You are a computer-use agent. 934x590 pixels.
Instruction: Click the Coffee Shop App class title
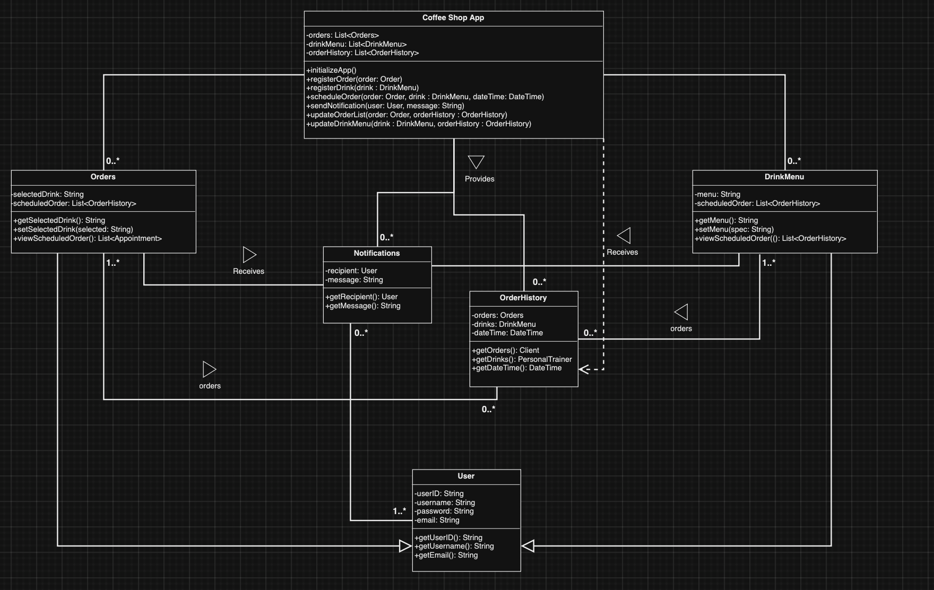pos(453,18)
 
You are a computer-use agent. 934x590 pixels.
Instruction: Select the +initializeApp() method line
pos(331,70)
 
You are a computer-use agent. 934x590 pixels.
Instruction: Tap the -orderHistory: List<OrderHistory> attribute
pos(362,53)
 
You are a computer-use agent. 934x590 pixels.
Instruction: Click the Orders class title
pos(103,177)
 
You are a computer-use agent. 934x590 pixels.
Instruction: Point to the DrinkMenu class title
pos(784,177)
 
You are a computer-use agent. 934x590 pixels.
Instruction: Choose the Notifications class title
pos(377,253)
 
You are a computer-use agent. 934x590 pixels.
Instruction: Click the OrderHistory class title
pos(523,298)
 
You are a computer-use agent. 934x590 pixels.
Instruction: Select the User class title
pos(466,476)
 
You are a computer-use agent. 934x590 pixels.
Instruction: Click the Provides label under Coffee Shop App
pos(479,179)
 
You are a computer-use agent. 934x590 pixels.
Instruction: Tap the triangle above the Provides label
pos(476,161)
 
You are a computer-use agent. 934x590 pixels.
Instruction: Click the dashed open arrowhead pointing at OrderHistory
pos(584,369)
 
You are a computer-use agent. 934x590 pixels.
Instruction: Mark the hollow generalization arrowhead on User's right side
pos(528,545)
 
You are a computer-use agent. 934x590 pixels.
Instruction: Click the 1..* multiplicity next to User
pos(399,511)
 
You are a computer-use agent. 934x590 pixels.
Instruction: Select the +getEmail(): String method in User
pos(446,555)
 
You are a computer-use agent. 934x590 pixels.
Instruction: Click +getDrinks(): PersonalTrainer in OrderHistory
pos(522,359)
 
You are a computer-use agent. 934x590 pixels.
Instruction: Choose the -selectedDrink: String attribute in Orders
pos(48,194)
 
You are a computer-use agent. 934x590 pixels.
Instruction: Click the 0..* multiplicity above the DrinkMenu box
pos(794,161)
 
